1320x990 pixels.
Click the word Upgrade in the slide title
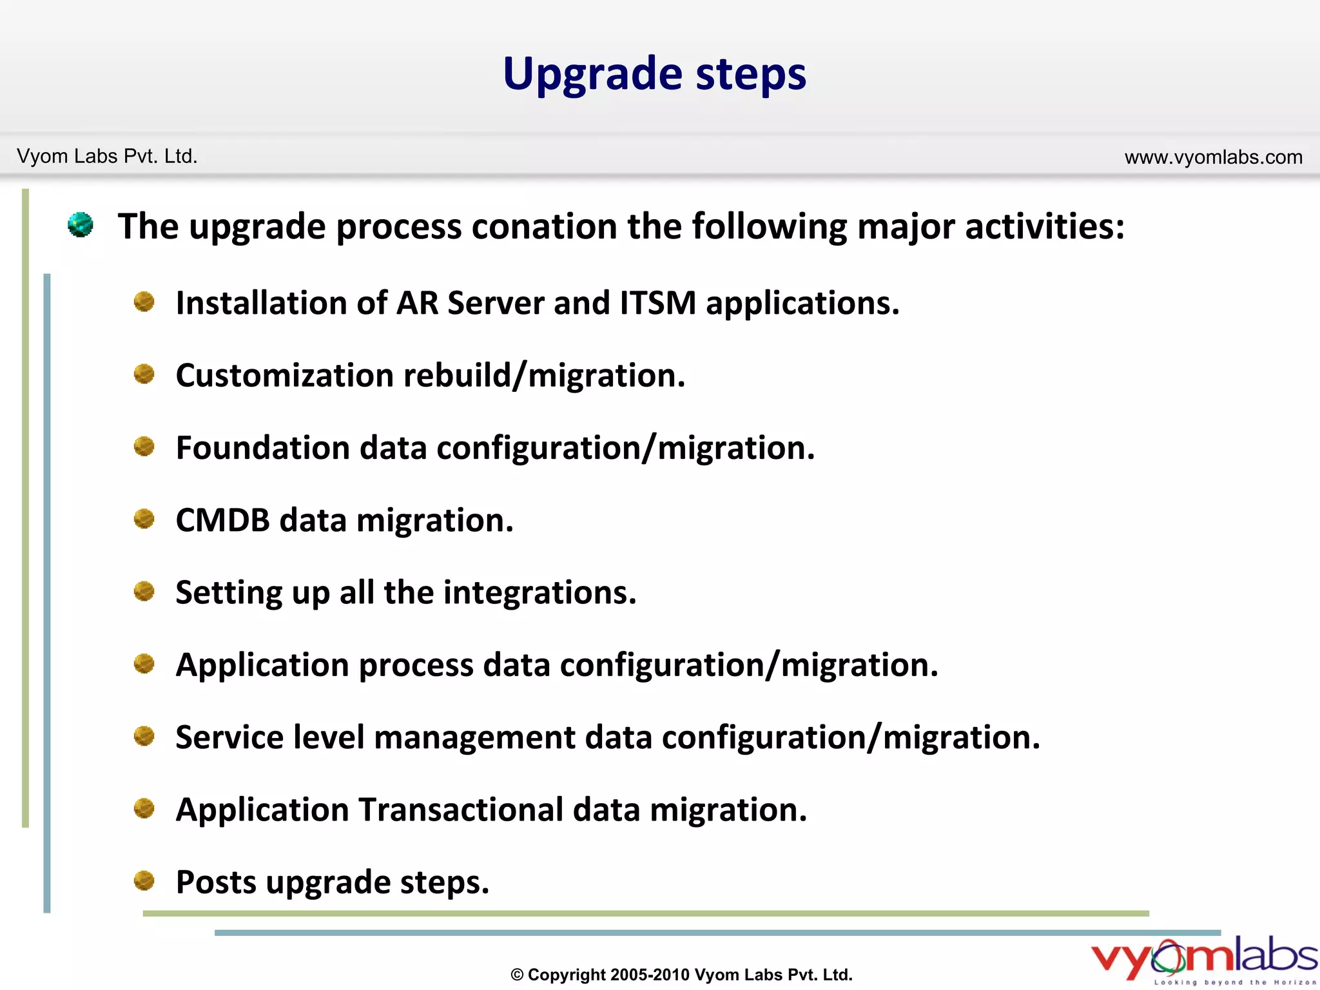(592, 75)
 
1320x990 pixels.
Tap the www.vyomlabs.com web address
(1213, 157)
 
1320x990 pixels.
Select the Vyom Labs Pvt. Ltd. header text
(107, 157)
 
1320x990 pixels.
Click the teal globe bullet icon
(81, 225)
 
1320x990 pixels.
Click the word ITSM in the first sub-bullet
(657, 303)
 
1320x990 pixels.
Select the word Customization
(284, 376)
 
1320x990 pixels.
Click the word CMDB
(222, 520)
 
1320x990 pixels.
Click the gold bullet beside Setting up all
(144, 591)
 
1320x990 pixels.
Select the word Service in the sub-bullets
(229, 737)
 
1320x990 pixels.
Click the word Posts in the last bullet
(216, 882)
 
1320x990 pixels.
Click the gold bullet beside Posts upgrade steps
(144, 880)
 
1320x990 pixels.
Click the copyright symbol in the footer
(517, 975)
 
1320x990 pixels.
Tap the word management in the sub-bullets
(474, 737)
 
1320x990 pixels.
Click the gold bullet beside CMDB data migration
(144, 519)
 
